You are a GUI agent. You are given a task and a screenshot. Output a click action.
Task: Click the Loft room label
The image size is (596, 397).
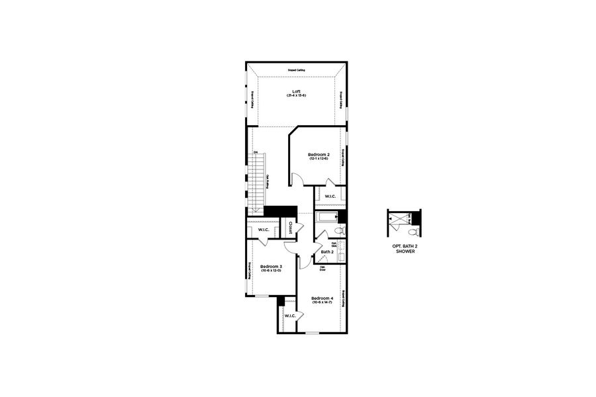(295, 91)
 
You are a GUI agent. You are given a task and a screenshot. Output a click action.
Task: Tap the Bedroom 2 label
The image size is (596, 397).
(319, 154)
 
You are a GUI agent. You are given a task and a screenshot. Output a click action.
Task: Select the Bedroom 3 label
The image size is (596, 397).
(271, 267)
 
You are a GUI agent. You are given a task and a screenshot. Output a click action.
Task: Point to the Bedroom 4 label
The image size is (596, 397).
(321, 298)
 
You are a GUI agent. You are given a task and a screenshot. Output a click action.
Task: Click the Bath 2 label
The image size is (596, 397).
(327, 251)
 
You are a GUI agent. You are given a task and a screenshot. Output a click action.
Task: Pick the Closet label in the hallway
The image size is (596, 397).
(290, 227)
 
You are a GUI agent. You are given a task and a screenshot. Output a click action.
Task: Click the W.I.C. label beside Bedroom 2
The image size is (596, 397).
(330, 197)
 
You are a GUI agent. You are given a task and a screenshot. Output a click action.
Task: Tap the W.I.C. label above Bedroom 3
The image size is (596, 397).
(263, 230)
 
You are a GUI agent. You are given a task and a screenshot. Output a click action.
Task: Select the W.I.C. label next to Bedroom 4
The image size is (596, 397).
(289, 316)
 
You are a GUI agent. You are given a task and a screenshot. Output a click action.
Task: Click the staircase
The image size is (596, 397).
(257, 179)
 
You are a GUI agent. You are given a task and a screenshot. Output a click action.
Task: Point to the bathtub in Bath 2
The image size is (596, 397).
(327, 217)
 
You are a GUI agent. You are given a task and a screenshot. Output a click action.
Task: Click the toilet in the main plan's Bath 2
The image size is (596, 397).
(338, 231)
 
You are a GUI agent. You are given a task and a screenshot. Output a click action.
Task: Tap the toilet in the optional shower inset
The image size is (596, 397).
(413, 232)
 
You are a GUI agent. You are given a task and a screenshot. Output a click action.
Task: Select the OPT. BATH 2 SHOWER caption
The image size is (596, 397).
(405, 249)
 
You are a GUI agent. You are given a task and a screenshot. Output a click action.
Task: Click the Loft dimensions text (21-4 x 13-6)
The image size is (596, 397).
(295, 96)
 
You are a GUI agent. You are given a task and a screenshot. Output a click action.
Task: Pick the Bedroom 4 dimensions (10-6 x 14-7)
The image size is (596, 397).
(321, 302)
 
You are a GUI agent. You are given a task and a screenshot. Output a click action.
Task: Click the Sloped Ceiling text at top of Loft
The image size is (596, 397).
(295, 69)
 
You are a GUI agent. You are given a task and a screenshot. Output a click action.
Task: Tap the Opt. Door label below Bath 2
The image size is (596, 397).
(323, 268)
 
